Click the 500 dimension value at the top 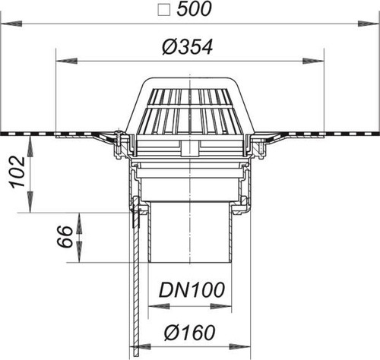coord(194,10)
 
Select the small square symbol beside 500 coord(163,11)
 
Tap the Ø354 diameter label coord(188,47)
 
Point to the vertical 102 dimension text coord(17,172)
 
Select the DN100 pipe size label coord(192,290)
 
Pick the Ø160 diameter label coord(190,333)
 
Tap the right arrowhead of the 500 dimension coord(369,24)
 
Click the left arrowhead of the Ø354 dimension coord(66,61)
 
